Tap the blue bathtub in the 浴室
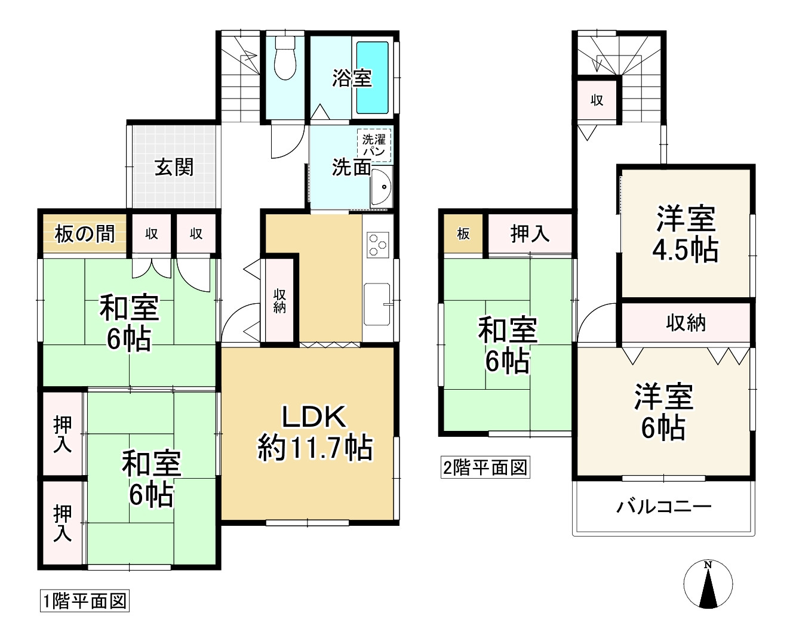point(373,77)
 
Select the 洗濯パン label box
point(374,145)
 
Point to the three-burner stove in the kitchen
point(378,244)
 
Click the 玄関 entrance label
point(174,167)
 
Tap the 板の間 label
point(84,234)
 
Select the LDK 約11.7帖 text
point(315,432)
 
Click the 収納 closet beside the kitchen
point(279,300)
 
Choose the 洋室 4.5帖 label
point(686,234)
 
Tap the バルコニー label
point(663,507)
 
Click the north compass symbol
point(708,585)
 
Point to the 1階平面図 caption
point(84,601)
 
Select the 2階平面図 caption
point(485,467)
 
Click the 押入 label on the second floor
point(530,234)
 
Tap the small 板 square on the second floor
point(463,234)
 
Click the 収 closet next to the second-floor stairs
point(597,100)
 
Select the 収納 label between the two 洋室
point(686,323)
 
